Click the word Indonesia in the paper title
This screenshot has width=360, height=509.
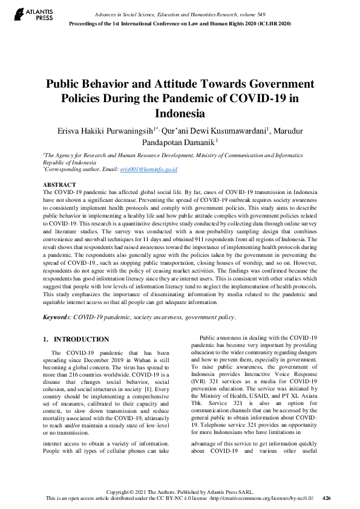click(180, 113)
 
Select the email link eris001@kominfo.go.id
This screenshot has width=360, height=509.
click(149, 170)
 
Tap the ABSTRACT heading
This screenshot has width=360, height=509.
click(59, 184)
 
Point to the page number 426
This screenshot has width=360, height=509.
click(327, 498)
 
